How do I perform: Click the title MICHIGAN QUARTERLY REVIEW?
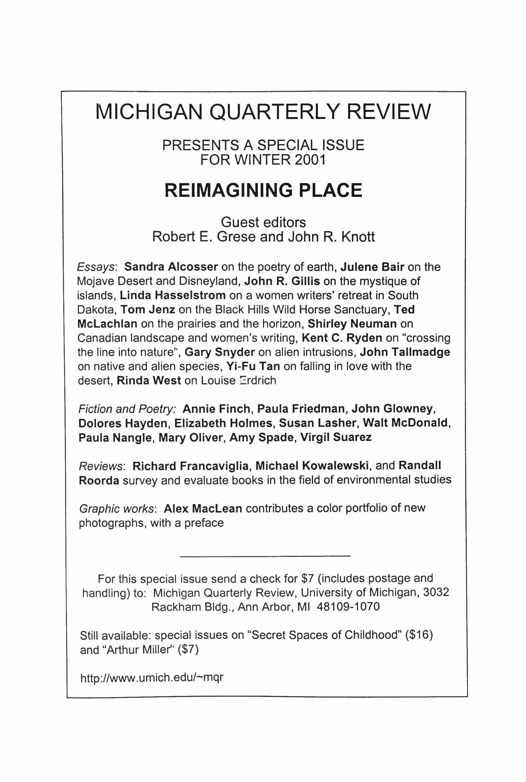point(263,112)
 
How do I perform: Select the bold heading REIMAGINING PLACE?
point(263,190)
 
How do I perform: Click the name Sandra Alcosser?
point(171,267)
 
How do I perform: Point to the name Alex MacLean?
point(203,508)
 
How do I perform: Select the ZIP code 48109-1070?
point(348,607)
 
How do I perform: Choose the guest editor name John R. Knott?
point(331,237)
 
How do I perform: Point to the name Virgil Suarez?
point(336,437)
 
